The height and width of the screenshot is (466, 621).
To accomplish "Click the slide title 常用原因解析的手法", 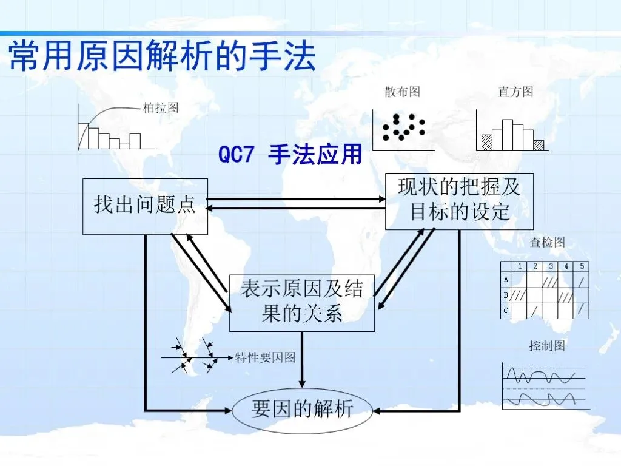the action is tap(163, 56).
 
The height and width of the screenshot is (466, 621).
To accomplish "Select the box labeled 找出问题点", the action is tap(145, 206).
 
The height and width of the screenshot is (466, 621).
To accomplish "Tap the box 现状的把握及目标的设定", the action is tap(459, 201).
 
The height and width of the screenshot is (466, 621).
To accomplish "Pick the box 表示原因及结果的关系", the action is tap(301, 302).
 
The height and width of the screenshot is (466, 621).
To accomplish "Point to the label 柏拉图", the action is tap(161, 108).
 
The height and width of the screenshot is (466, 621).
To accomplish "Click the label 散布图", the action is tap(402, 92).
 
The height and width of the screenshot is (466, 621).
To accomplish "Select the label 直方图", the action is tap(515, 92).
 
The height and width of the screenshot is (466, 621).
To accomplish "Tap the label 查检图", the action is tap(547, 243).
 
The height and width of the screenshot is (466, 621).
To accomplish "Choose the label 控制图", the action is tap(547, 346).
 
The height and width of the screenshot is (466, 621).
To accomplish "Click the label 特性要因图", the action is tap(265, 358).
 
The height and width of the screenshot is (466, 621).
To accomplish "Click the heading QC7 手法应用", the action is tap(290, 155).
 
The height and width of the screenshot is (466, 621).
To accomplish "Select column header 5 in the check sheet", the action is tap(582, 266).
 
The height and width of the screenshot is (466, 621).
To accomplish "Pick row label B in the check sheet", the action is tap(506, 295).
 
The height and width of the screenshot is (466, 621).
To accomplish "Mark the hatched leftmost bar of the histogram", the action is tap(486, 143).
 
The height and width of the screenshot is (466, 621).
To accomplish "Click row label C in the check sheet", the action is tap(506, 310).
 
